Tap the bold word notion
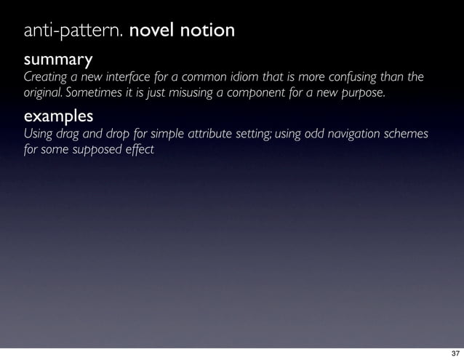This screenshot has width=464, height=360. (x=210, y=31)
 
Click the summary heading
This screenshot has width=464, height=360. (x=58, y=58)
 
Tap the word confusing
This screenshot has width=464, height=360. (x=347, y=77)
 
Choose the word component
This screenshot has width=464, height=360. (x=254, y=93)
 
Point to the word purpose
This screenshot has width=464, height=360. (x=360, y=93)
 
